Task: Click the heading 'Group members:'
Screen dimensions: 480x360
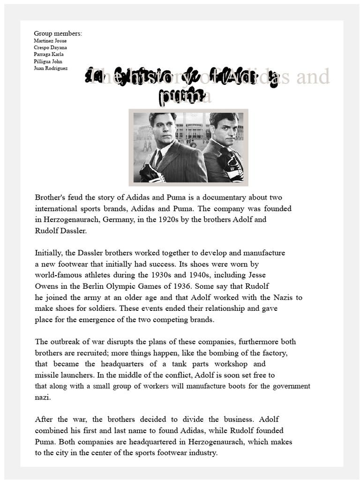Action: click(x=58, y=33)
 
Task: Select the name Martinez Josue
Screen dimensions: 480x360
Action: click(x=50, y=41)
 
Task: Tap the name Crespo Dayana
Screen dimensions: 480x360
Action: click(x=50, y=47)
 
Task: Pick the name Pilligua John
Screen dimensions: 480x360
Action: click(x=48, y=61)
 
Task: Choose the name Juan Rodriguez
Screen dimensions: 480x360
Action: click(x=51, y=68)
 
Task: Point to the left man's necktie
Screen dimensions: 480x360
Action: click(x=159, y=159)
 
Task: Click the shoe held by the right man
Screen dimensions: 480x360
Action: click(x=233, y=166)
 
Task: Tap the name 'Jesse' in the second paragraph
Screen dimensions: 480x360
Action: click(x=257, y=275)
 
